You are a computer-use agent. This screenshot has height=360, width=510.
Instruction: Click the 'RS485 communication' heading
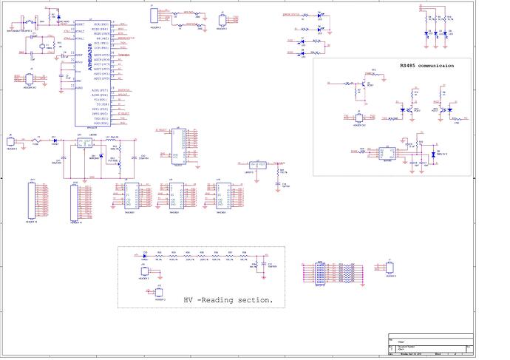[x=426, y=66]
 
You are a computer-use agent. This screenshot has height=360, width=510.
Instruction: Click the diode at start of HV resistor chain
[x=146, y=256]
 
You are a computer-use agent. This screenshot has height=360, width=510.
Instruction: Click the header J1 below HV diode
[x=143, y=273]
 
